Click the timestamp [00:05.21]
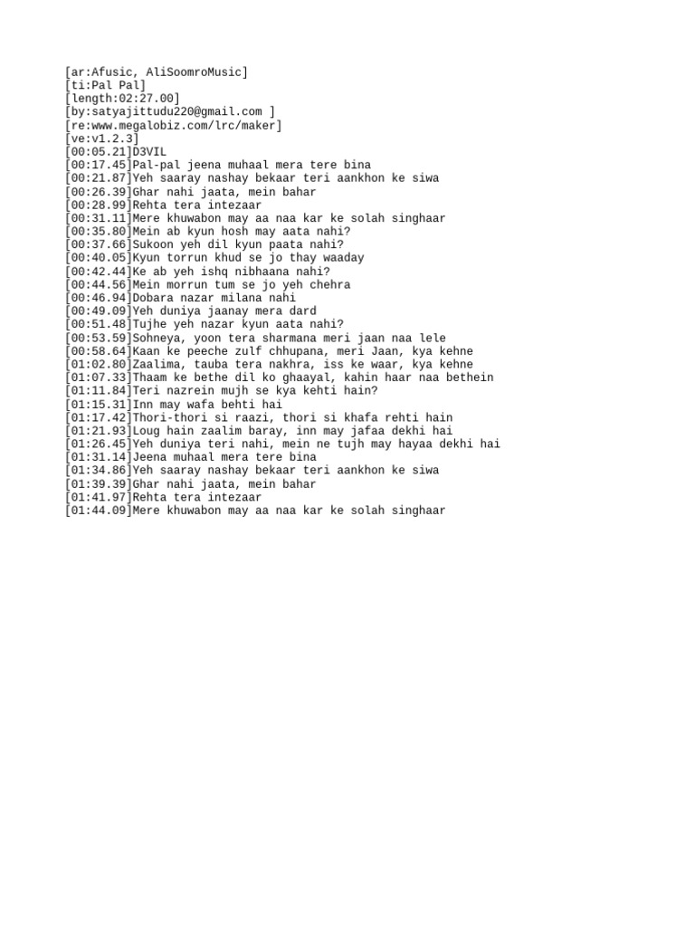coord(98,152)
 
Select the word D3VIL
coord(149,152)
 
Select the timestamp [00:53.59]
coord(98,338)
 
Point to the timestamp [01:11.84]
coord(98,391)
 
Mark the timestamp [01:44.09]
coord(98,511)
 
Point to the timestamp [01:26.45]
coord(98,444)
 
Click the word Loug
coord(146,431)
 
